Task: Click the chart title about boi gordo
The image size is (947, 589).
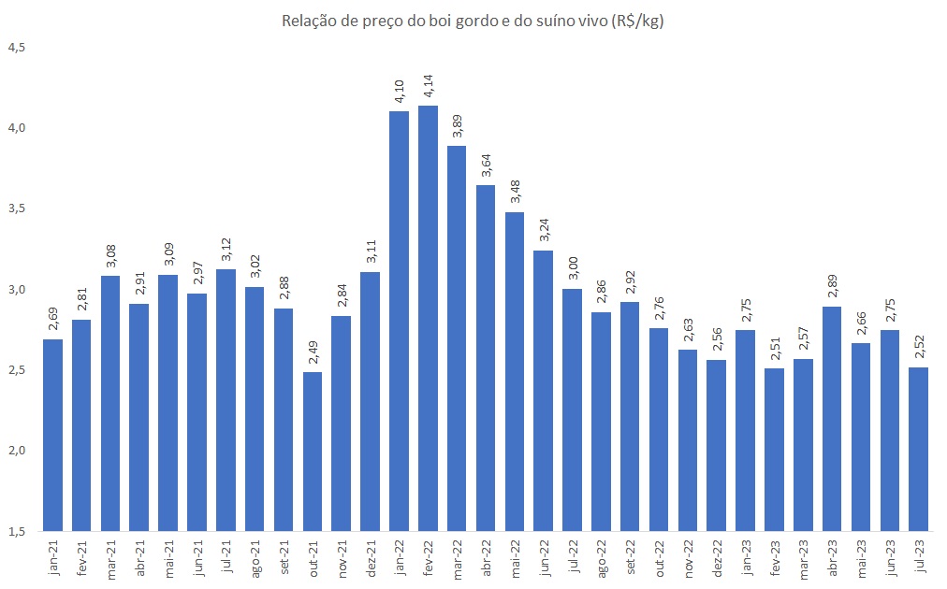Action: click(x=473, y=22)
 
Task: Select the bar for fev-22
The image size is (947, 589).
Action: click(x=429, y=318)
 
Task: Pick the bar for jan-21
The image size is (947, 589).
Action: click(x=53, y=435)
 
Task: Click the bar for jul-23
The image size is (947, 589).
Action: click(x=919, y=449)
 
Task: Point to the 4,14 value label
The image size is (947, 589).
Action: click(x=429, y=86)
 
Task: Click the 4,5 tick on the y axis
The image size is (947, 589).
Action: click(x=18, y=47)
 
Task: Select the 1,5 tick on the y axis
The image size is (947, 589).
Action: click(x=18, y=531)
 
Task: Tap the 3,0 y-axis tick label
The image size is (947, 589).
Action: click(x=18, y=289)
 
